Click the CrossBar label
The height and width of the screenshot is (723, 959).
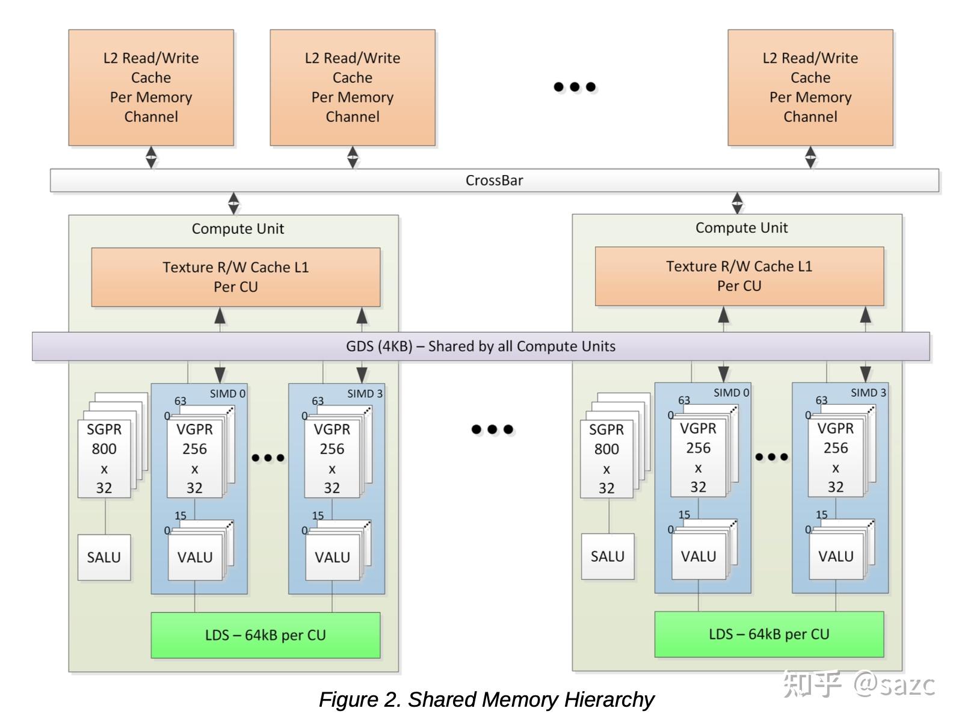click(x=494, y=180)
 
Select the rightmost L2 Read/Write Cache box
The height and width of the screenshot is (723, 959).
click(x=810, y=88)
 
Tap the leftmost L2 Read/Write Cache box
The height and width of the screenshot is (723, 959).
click(x=151, y=88)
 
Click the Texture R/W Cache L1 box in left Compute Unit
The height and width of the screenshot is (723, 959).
click(x=235, y=277)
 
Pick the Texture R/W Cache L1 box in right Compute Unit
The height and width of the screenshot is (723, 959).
click(x=739, y=276)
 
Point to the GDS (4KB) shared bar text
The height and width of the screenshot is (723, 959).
click(x=480, y=346)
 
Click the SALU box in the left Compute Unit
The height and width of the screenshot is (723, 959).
click(x=104, y=558)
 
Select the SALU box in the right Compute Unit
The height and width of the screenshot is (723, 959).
click(x=608, y=556)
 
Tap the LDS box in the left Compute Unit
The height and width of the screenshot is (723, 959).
click(x=265, y=635)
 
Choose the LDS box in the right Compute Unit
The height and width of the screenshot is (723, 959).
click(x=769, y=634)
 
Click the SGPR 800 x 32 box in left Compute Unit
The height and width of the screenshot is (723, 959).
click(x=104, y=458)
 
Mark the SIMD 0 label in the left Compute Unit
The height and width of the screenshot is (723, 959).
click(x=227, y=394)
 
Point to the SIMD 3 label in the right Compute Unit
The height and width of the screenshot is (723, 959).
click(x=868, y=393)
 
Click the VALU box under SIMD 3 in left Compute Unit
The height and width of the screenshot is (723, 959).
click(x=332, y=558)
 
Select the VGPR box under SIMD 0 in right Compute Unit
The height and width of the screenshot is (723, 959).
click(x=698, y=457)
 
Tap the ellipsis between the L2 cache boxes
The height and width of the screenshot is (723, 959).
click(x=575, y=87)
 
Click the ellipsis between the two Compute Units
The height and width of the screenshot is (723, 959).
click(x=492, y=429)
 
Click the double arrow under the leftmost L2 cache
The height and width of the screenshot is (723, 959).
click(x=151, y=158)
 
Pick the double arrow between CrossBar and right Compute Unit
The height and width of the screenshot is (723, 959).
click(x=737, y=203)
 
